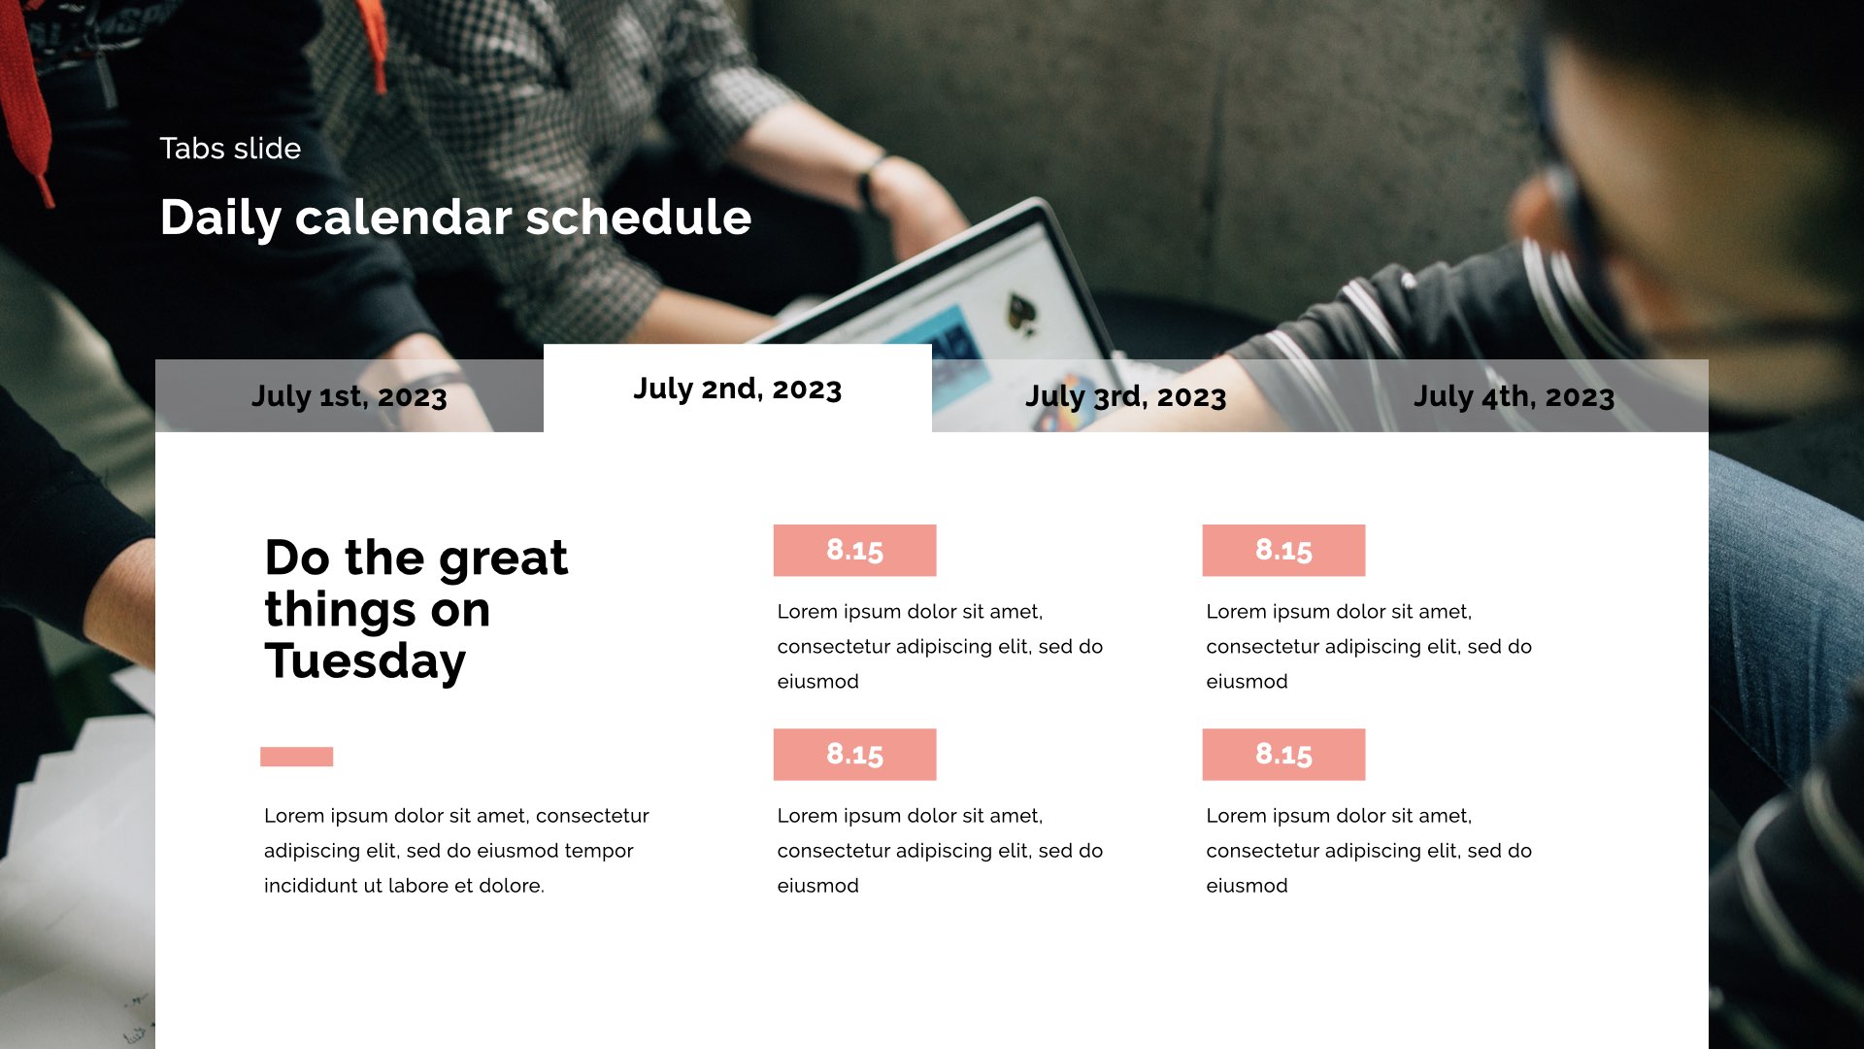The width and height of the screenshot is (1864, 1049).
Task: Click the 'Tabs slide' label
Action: [230, 149]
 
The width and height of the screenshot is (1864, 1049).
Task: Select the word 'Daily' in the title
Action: [220, 219]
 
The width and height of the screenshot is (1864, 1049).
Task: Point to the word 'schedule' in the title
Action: [639, 217]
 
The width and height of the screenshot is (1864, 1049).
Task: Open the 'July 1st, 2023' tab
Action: [349, 396]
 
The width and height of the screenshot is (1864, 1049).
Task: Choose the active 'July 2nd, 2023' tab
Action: [738, 389]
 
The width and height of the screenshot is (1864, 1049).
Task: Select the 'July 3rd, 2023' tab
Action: [1126, 396]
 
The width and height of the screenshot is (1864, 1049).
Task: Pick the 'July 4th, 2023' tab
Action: [1514, 396]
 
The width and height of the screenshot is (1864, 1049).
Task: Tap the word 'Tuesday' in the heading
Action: [365, 662]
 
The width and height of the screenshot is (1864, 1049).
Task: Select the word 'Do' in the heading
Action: [297, 558]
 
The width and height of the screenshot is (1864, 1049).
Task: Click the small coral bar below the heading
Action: [297, 757]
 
